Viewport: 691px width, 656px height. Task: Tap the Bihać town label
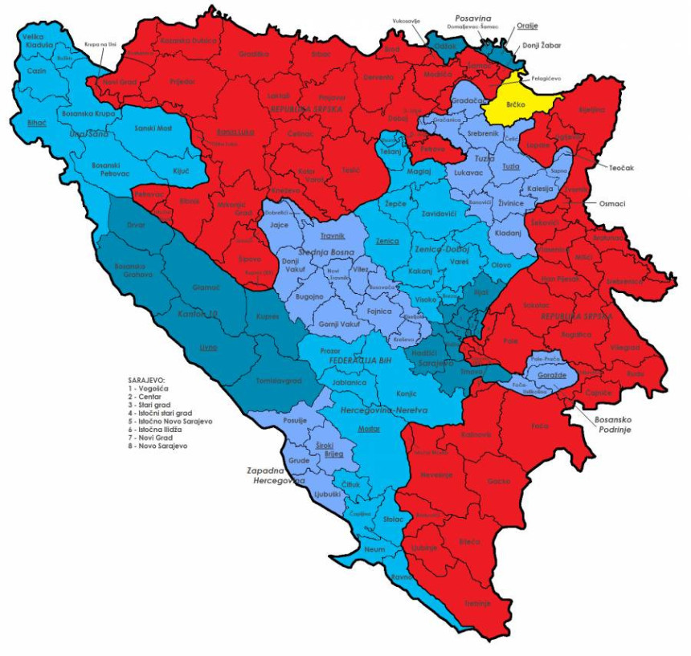tap(36, 124)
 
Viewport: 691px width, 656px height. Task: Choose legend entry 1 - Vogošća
tap(154, 387)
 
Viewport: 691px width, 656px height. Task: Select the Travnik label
tap(333, 235)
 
